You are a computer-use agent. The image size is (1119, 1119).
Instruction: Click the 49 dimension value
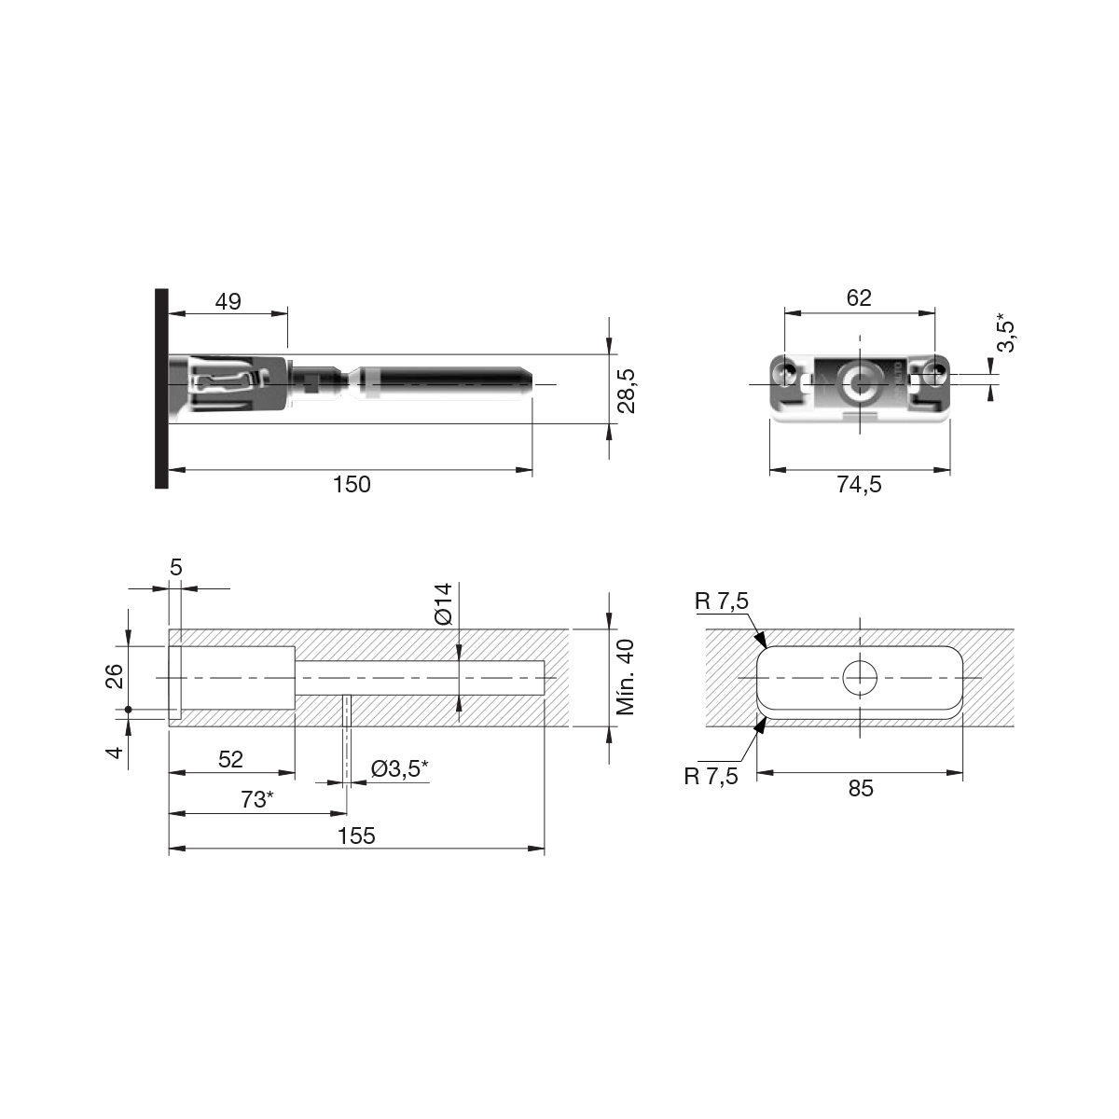coord(228,301)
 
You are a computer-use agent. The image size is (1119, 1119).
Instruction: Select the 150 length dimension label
coord(352,484)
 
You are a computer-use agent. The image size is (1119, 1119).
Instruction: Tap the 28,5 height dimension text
coord(627,391)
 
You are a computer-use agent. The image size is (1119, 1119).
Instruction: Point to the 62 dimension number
coord(859,297)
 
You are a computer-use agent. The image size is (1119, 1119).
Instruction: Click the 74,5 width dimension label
coord(859,484)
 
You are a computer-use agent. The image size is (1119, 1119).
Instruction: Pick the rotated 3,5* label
coord(1006,332)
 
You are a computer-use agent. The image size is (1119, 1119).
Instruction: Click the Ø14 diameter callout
coord(443,604)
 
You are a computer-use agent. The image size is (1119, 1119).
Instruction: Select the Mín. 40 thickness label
coord(626,677)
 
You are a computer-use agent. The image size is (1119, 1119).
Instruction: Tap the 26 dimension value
coord(115,676)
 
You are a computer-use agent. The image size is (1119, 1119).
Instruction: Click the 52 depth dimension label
coord(230,760)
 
